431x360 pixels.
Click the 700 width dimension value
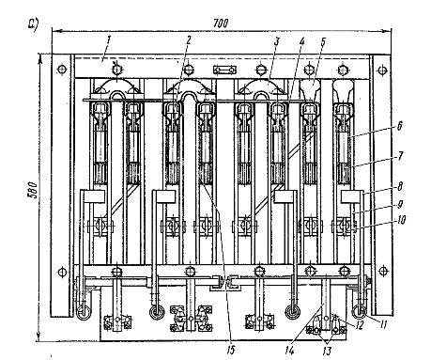221,23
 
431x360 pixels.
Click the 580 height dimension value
33,190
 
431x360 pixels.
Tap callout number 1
109,39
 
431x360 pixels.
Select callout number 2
188,39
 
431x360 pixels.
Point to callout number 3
276,41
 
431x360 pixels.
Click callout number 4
301,41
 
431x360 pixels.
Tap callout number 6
400,125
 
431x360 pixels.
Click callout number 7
400,155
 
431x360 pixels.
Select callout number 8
400,186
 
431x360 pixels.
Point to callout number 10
400,220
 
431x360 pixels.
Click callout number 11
381,324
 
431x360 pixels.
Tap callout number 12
359,325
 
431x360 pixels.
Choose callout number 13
327,352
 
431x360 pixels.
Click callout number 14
289,351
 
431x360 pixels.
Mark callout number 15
230,350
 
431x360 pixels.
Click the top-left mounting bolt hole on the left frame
62,69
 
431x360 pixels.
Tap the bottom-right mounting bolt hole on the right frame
382,271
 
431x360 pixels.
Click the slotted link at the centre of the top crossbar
224,70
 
